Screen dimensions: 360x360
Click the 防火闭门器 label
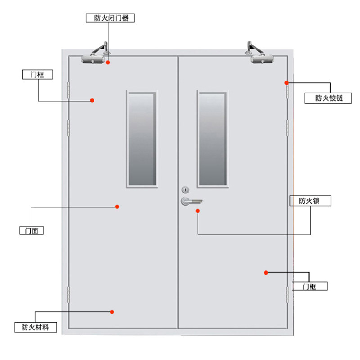click(x=110, y=18)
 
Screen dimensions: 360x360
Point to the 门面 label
click(x=34, y=231)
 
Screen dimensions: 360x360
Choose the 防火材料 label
click(x=36, y=327)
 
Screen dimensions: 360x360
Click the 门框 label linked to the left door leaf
click(x=37, y=75)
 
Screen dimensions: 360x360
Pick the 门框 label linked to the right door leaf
click(x=310, y=286)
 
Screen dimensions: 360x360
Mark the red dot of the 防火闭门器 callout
click(x=108, y=63)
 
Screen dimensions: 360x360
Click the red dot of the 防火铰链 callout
click(x=287, y=82)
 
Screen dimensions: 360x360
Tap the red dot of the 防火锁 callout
click(x=198, y=211)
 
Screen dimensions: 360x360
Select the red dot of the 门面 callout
click(x=117, y=207)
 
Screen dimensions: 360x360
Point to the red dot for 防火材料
click(x=112, y=311)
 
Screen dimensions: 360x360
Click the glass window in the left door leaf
click(x=142, y=139)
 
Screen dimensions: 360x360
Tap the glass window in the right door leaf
click(x=212, y=139)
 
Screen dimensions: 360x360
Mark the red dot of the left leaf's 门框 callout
click(x=92, y=100)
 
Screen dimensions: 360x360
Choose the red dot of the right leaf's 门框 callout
click(x=266, y=272)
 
